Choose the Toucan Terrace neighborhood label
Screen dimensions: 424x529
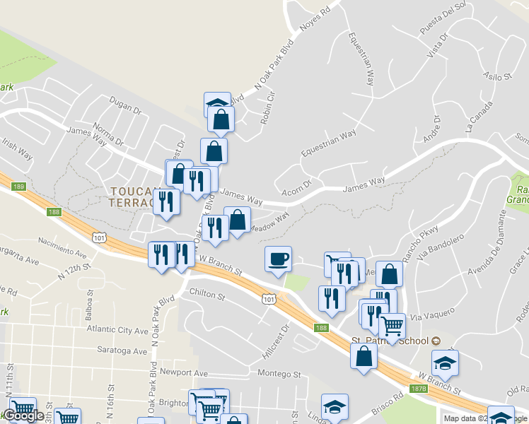tap(132, 196)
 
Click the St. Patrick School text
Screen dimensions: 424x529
tap(390, 341)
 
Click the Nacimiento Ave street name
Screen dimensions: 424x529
tap(62, 245)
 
